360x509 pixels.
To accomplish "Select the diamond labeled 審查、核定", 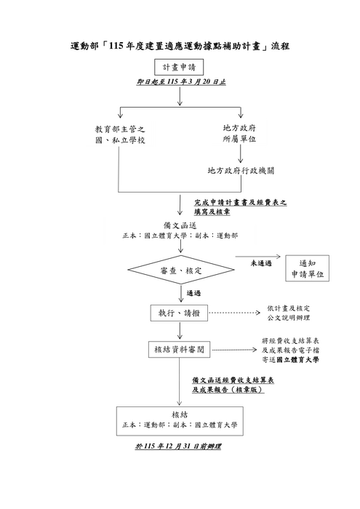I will point(179,270).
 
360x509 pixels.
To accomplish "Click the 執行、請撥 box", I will point(178,313).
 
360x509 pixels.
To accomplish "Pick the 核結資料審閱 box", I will point(178,350).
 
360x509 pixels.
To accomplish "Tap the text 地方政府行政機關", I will point(241,172).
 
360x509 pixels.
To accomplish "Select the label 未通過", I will point(261,262).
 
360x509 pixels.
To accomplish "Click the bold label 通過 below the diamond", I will point(193,294).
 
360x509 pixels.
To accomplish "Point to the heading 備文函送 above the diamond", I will point(179,225).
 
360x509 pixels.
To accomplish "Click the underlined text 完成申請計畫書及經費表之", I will point(240,203).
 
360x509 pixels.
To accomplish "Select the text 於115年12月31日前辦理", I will point(179,445).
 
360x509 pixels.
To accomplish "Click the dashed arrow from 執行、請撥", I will point(236,313).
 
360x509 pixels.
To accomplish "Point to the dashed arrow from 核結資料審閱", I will point(236,350).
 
